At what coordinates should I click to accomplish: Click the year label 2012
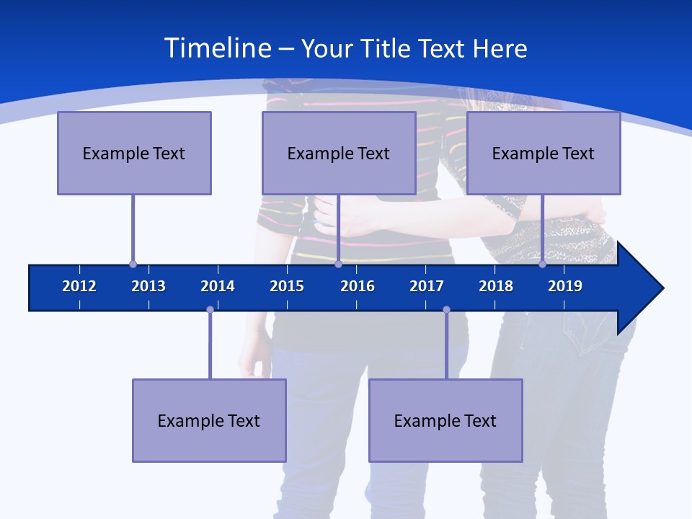(x=79, y=286)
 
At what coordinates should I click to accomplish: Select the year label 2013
(x=148, y=286)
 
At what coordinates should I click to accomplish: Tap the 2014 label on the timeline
(x=218, y=286)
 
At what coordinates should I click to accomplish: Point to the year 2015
(x=287, y=286)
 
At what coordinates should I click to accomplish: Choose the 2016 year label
(x=358, y=286)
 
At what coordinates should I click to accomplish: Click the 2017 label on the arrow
(x=427, y=286)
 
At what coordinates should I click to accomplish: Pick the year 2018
(x=496, y=286)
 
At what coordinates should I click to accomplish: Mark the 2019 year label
(x=565, y=286)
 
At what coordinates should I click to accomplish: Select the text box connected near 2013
(x=134, y=153)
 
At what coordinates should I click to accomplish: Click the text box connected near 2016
(x=339, y=153)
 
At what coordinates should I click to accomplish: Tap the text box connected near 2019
(x=544, y=153)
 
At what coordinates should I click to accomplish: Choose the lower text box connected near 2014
(x=209, y=420)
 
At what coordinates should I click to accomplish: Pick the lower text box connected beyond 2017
(x=445, y=420)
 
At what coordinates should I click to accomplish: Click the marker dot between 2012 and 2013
(x=133, y=265)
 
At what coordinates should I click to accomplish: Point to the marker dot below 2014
(x=210, y=310)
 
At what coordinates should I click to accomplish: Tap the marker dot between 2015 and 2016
(x=338, y=265)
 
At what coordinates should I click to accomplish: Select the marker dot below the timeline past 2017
(x=446, y=310)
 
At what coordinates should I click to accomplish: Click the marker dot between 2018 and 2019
(x=542, y=265)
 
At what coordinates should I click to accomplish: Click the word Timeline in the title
(x=218, y=48)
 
